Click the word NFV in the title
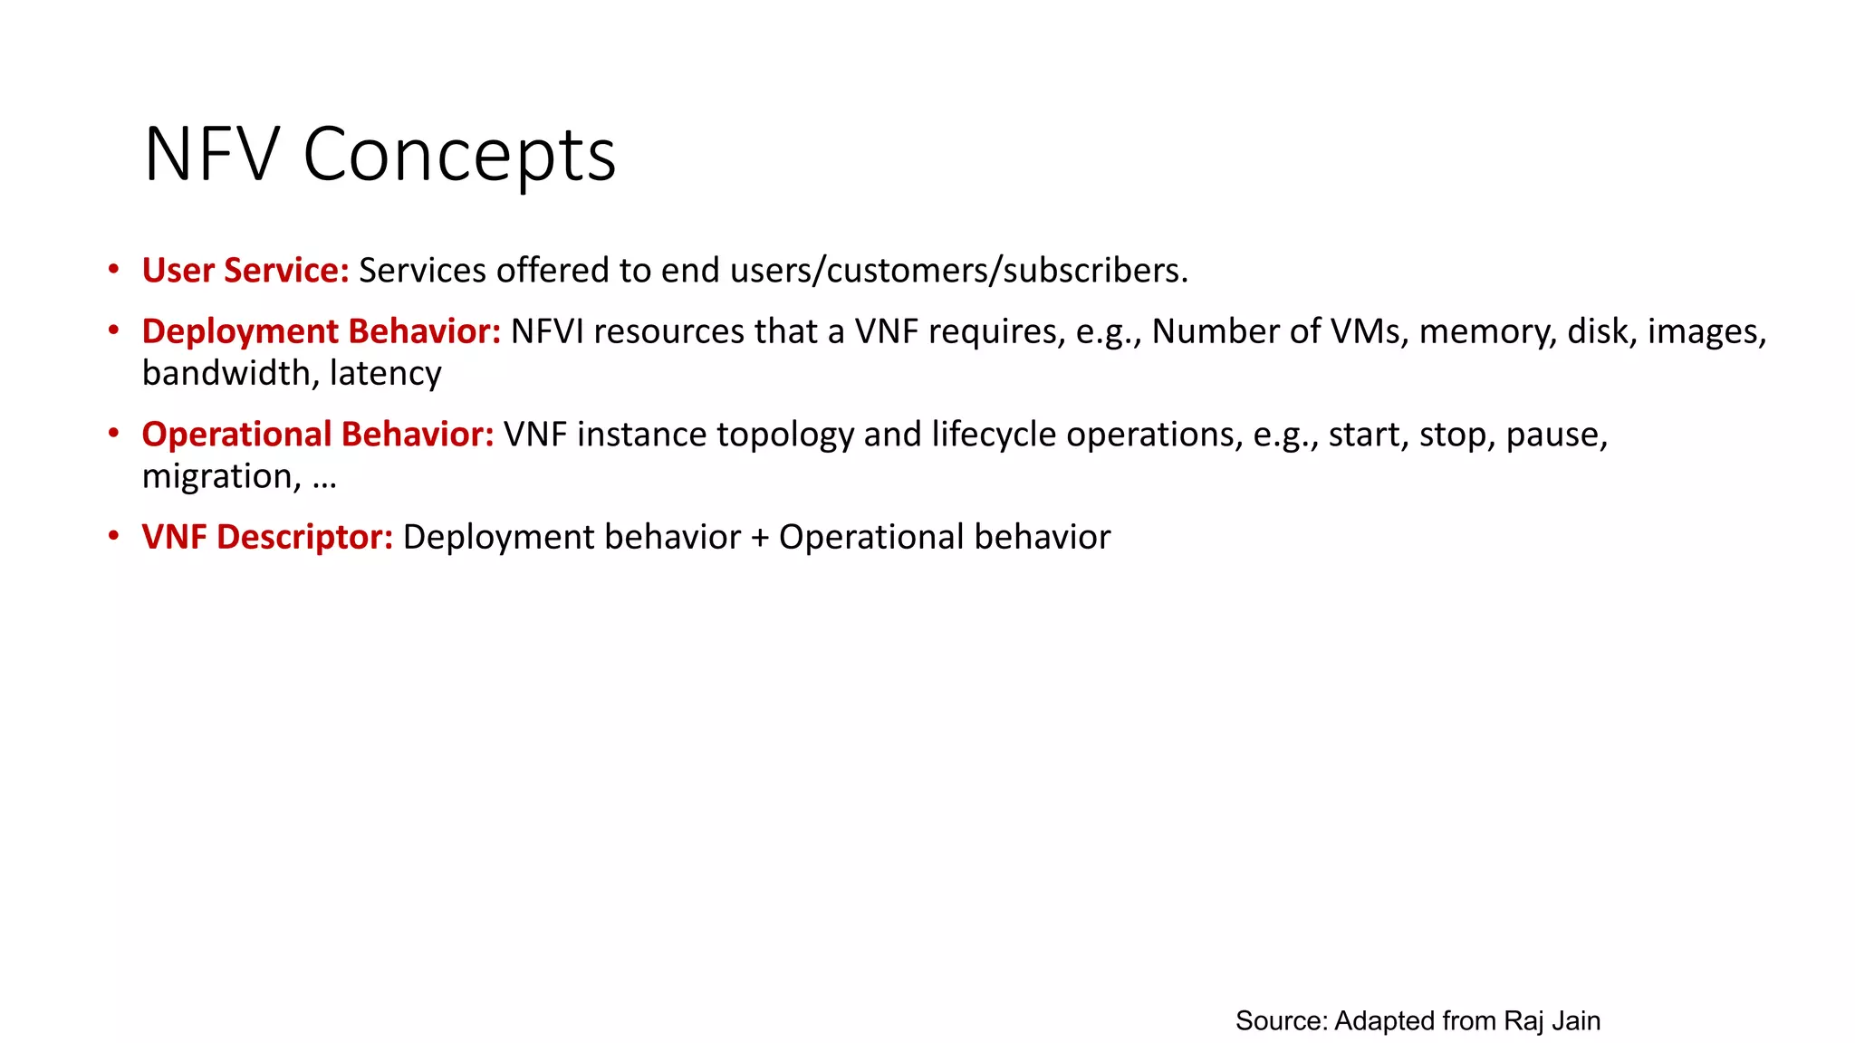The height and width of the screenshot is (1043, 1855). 210,155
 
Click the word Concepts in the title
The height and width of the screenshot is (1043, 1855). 459,155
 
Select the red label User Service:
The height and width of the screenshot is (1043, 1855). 245,271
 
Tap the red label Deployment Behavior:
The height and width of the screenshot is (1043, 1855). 322,331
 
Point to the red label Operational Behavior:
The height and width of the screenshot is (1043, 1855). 318,435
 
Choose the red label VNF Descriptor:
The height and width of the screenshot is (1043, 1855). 267,537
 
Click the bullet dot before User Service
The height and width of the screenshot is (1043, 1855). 113,269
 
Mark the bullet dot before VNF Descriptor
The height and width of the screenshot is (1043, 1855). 113,536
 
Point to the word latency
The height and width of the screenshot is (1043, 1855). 386,373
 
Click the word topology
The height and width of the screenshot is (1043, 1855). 785,435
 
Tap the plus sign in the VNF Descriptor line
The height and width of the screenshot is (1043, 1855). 760,538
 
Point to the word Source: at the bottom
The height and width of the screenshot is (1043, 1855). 1281,1020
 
